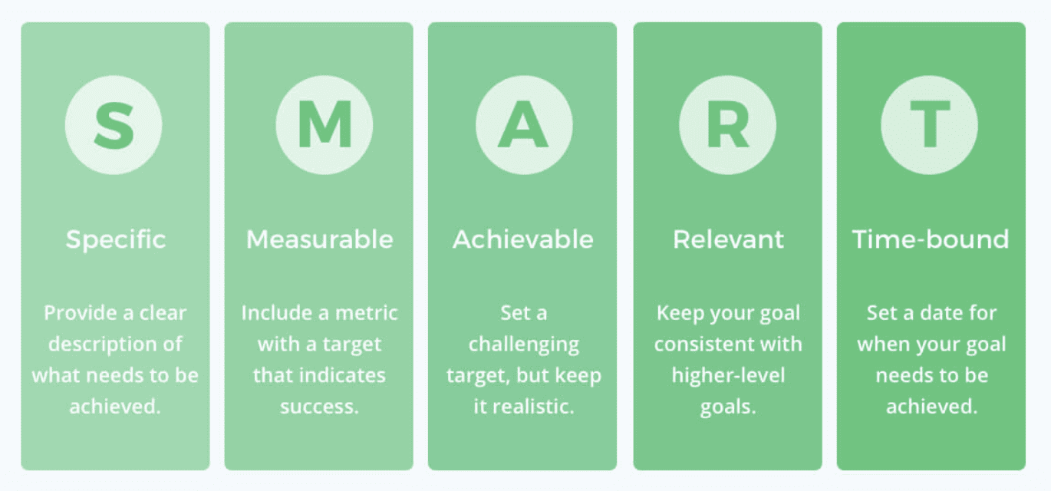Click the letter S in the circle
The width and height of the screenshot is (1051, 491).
point(114,125)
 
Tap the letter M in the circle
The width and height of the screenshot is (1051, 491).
point(325,125)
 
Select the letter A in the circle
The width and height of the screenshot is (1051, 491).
point(523,125)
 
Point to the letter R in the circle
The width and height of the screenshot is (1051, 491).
point(728,125)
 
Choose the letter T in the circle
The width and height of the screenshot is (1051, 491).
point(930,125)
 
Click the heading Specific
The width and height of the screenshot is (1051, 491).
point(115,240)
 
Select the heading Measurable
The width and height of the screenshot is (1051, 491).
point(320,239)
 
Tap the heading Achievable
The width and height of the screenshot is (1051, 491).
point(522,239)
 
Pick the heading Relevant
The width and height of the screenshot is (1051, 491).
point(728,239)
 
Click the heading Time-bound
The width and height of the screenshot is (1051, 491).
point(931,239)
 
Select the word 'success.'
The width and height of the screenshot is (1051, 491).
point(319,407)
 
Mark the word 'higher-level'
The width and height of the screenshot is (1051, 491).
point(728,375)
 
